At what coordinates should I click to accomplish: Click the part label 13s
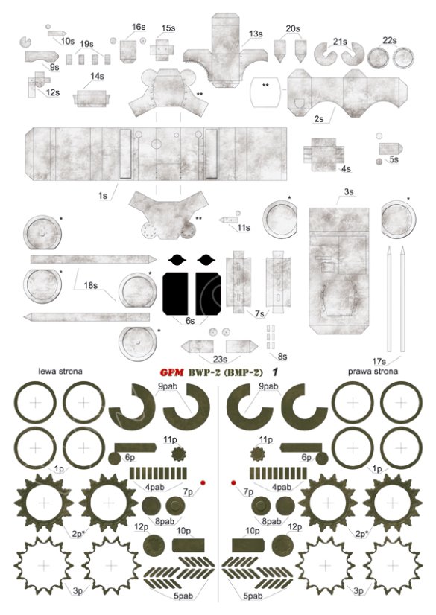[x=256, y=34]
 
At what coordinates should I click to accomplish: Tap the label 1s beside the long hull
[x=104, y=195]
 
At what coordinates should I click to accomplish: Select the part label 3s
[x=349, y=192]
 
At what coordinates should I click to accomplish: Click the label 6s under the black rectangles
[x=190, y=321]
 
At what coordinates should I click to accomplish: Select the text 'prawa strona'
[x=373, y=370]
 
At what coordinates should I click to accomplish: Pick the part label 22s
[x=389, y=40]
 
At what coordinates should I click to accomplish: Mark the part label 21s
[x=341, y=42]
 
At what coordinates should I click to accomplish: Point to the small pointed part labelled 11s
[x=228, y=220]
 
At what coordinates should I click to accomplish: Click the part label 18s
[x=91, y=285]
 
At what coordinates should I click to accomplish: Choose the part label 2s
[x=319, y=118]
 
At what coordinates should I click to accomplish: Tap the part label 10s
[x=68, y=42]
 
